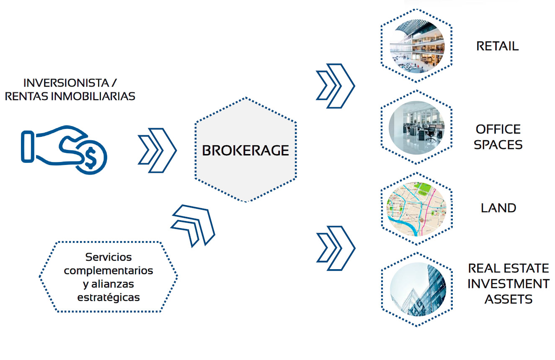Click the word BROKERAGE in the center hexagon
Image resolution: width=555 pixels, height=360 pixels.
click(x=245, y=150)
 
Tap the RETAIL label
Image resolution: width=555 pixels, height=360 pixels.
click(x=498, y=46)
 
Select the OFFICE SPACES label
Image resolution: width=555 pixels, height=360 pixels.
click(x=498, y=137)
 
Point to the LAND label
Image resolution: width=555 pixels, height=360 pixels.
click(x=498, y=208)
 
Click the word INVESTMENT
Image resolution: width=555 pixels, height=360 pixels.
click(x=509, y=284)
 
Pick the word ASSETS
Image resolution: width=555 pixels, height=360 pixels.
click(x=509, y=299)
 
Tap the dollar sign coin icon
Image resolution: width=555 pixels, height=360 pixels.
click(x=91, y=157)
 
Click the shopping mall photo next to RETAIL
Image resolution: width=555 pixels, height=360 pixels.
click(x=417, y=46)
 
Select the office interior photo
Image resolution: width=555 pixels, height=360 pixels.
click(x=416, y=128)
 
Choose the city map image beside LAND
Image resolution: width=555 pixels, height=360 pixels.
click(x=416, y=209)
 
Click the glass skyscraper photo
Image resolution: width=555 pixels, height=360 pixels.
click(x=418, y=289)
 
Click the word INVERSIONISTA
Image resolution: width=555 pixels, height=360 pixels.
click(x=66, y=83)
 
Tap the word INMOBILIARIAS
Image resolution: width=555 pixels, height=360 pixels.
click(x=93, y=96)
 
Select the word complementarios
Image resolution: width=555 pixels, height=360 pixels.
click(x=108, y=270)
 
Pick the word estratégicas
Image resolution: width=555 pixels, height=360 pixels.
click(x=108, y=297)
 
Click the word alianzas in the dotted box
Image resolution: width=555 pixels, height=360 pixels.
click(x=113, y=284)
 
